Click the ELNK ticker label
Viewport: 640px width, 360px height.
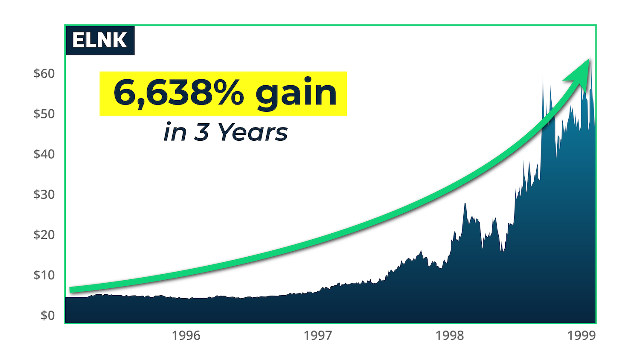click(99, 41)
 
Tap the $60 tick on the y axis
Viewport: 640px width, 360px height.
click(44, 73)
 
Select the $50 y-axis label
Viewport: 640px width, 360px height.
click(44, 114)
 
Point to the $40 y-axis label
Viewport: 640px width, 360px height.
click(44, 154)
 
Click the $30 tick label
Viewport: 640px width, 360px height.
click(44, 195)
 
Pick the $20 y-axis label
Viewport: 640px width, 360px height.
click(44, 235)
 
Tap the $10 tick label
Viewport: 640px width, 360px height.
click(44, 275)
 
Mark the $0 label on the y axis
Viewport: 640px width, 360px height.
click(47, 315)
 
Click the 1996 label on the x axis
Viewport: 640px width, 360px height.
click(186, 336)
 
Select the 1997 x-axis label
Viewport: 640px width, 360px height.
click(318, 336)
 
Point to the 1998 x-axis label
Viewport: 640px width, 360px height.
click(450, 336)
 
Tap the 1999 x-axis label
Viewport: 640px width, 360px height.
click(582, 336)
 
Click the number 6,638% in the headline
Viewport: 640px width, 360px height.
click(178, 93)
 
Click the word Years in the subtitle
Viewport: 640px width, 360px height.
click(253, 132)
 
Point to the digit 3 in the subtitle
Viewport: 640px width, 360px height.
click(201, 132)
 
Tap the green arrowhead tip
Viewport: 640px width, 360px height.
click(589, 59)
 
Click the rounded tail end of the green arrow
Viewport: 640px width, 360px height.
click(72, 290)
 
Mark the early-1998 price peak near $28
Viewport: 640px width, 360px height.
click(465, 204)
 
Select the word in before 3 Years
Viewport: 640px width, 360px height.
click(175, 132)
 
